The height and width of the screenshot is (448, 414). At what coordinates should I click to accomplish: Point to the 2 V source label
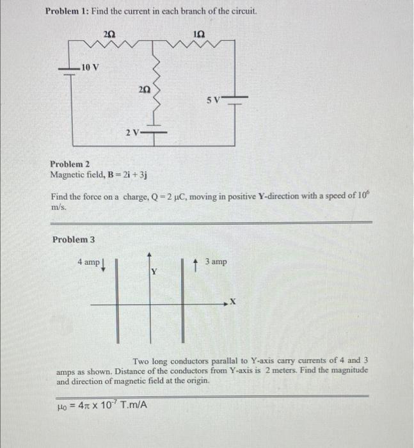(133, 133)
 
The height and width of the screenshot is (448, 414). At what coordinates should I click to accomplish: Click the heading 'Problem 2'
(70, 164)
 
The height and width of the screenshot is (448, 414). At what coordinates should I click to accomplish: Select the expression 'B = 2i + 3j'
(125, 174)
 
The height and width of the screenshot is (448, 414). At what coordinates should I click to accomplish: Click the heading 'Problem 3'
(74, 239)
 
